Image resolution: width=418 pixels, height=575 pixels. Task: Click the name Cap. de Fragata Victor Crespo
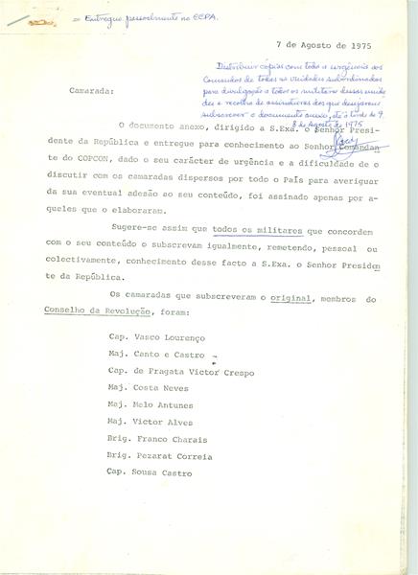pos(181,371)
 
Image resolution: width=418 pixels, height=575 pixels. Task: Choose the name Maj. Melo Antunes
pos(150,405)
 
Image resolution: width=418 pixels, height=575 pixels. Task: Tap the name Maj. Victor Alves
pos(150,423)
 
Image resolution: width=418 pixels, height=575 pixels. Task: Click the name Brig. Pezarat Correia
pos(159,456)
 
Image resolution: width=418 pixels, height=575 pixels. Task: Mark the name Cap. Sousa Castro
pos(148,473)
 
